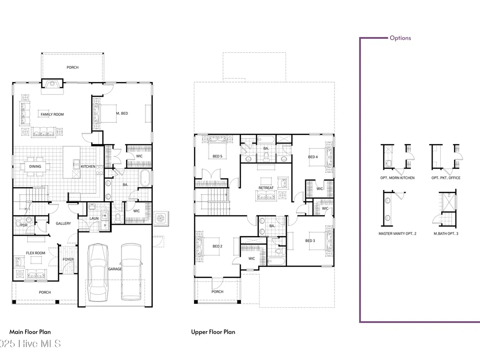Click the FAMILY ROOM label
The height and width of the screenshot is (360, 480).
tap(52, 115)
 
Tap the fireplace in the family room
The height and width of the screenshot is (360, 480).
tap(52, 84)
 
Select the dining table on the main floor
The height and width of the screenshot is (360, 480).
tap(35, 167)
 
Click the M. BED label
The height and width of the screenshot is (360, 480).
tap(122, 113)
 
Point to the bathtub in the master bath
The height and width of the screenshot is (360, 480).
tap(145, 178)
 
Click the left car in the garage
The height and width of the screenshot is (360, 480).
tap(98, 273)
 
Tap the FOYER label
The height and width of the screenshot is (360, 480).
tap(68, 259)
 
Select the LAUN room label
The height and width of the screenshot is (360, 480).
tap(94, 218)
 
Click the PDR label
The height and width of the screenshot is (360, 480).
tap(24, 225)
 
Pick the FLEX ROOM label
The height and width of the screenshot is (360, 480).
tap(36, 253)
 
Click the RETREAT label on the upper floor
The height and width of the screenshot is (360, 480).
tap(266, 188)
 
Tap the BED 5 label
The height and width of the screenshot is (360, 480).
tap(217, 156)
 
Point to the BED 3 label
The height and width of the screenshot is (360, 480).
tap(310, 240)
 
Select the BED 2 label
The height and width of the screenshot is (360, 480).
tap(217, 246)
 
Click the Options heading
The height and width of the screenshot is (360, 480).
tap(400, 38)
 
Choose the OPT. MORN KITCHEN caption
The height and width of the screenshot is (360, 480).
tap(397, 178)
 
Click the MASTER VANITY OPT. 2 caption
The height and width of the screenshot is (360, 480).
tap(397, 234)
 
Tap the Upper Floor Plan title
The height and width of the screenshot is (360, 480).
tap(213, 332)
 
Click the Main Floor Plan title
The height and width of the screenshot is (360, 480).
tap(30, 332)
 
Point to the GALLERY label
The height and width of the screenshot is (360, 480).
tap(63, 224)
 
